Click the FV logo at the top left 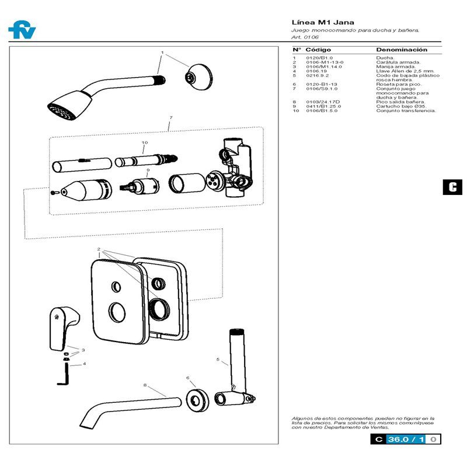[x=22, y=30]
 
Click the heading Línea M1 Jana [x=315, y=22]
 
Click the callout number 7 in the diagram [x=170, y=118]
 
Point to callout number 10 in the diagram [x=145, y=142]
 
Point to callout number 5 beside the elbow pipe [x=218, y=360]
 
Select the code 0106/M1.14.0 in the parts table [x=324, y=67]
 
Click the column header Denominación [x=402, y=50]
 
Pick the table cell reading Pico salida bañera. [x=401, y=102]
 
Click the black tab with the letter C [x=452, y=187]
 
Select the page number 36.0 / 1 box [x=406, y=440]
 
